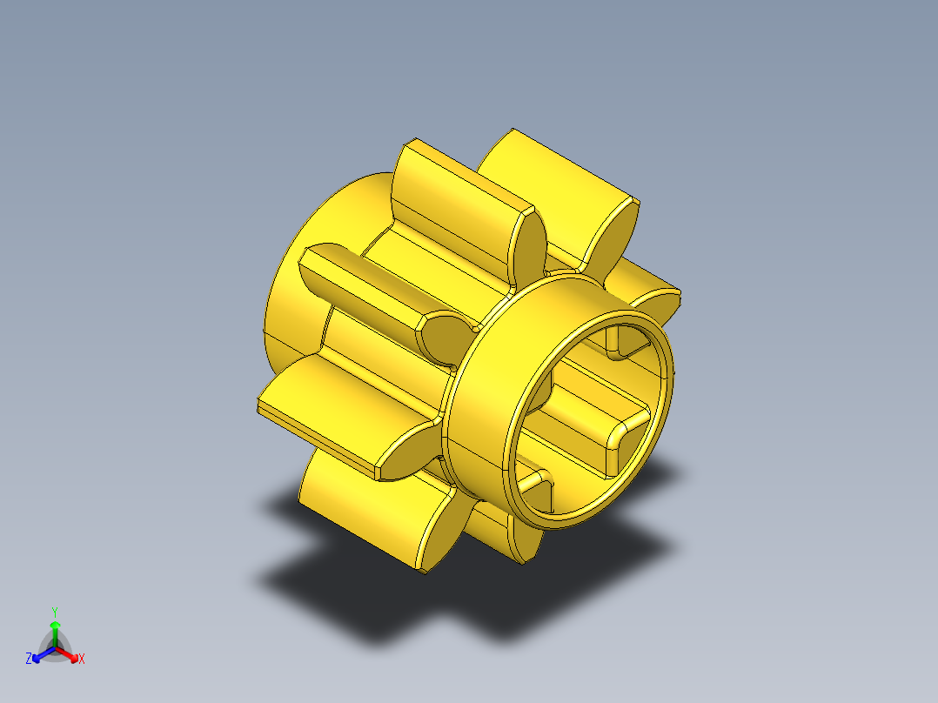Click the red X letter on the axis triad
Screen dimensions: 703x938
pos(82,659)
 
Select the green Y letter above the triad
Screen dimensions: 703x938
pos(54,611)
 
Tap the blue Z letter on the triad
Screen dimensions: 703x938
pos(29,659)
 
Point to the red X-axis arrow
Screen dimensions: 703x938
pos(70,653)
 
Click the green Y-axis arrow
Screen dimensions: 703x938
pos(55,630)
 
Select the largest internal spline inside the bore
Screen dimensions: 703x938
pos(609,435)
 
